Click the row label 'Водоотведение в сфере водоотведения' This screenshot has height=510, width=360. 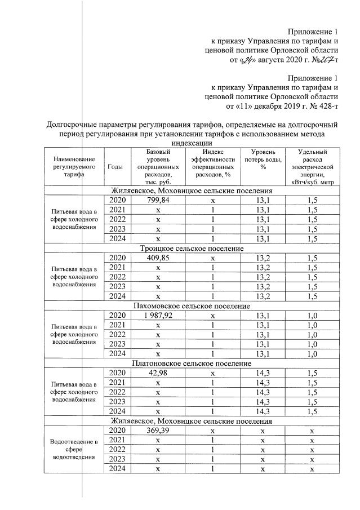pos(72,449)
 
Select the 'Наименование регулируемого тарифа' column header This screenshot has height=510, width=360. pos(72,167)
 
